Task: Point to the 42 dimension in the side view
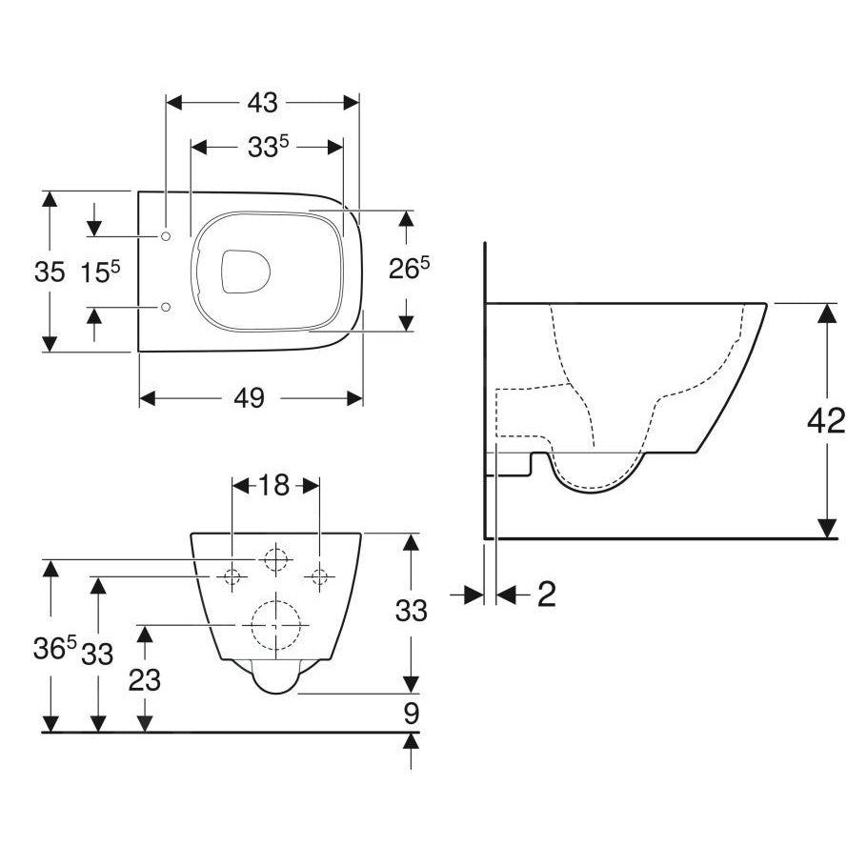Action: pos(824,420)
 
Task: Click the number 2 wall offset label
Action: pos(546,595)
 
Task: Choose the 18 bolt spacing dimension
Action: pos(274,485)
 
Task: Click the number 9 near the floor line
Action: pos(411,713)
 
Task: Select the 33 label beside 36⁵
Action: pos(96,655)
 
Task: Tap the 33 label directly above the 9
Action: pos(411,611)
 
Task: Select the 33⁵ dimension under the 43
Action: pos(269,147)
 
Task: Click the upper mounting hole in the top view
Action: pos(167,235)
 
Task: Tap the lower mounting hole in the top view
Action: pos(167,307)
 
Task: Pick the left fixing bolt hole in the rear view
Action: pos(232,575)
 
